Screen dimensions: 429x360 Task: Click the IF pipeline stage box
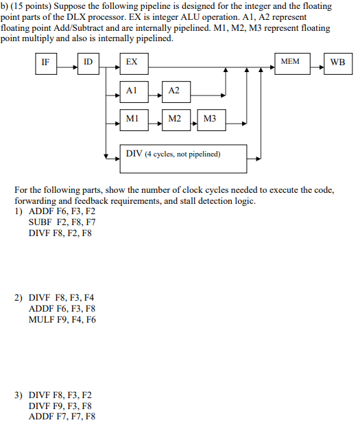pos(45,62)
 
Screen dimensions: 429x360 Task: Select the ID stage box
pos(88,62)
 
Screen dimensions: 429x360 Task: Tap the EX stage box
pos(136,62)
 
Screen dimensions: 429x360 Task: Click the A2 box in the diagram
pos(176,91)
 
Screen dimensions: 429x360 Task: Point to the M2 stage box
pos(176,119)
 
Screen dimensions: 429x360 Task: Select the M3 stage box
pos(211,119)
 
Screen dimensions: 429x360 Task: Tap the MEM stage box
pos(291,62)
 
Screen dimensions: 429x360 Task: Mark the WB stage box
pos(337,62)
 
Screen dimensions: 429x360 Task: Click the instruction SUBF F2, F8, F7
pos(62,222)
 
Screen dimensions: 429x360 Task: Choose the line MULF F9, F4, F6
pos(62,319)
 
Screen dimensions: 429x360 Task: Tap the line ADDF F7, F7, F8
pos(62,416)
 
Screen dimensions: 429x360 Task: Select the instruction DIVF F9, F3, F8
pos(62,406)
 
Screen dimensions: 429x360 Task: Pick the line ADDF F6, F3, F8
pos(62,309)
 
